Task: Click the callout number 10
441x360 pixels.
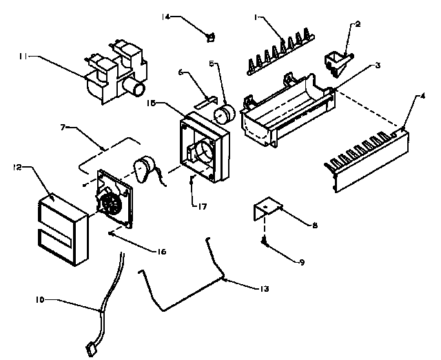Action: tap(41, 300)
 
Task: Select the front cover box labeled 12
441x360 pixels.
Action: tap(61, 228)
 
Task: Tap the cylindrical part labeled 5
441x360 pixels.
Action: tap(224, 114)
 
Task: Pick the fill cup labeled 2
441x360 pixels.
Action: tap(338, 61)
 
